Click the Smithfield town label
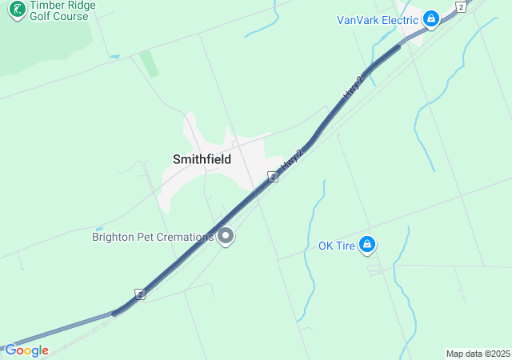[202, 159]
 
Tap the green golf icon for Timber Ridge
[16, 10]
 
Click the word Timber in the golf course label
[48, 5]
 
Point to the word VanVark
[358, 20]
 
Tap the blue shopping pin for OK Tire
[367, 245]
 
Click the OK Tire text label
[336, 246]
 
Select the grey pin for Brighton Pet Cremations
[226, 236]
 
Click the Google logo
[26, 350]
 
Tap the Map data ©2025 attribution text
[478, 354]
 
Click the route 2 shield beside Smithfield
[273, 176]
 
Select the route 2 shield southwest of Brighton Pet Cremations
[140, 294]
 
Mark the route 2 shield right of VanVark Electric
[460, 6]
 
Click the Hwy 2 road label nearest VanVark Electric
[353, 86]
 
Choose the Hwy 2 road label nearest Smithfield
[293, 159]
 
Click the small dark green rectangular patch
[149, 64]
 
